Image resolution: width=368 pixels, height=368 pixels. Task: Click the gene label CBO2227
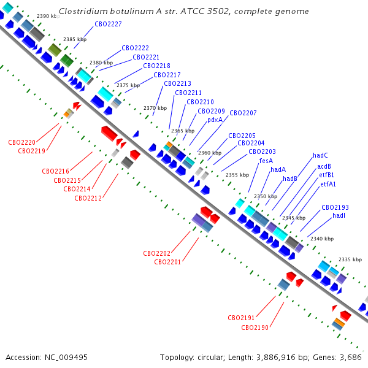tap(108, 24)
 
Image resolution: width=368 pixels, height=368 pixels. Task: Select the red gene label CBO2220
tap(21, 142)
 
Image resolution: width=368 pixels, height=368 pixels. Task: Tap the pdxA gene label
tap(215, 120)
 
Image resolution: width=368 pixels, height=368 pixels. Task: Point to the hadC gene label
tap(320, 155)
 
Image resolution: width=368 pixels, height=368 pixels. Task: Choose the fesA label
tap(266, 161)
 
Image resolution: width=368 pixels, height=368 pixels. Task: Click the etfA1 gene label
tap(328, 184)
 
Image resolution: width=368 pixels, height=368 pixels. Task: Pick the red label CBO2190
tap(255, 328)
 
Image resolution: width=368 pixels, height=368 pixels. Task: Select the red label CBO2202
tap(156, 253)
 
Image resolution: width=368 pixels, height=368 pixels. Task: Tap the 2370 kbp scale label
tap(155, 108)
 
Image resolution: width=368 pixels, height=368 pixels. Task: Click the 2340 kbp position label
tap(322, 239)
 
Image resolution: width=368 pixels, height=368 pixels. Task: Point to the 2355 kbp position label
tap(237, 175)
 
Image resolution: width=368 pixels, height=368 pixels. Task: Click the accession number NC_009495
tap(66, 358)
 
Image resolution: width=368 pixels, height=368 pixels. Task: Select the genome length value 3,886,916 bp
tap(276, 358)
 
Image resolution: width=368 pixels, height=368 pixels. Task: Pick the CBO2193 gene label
tap(335, 207)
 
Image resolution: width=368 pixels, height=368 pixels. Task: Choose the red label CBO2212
tap(88, 198)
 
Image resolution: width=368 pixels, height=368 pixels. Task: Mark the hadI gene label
tap(339, 215)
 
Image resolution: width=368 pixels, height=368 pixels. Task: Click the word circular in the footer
tap(211, 358)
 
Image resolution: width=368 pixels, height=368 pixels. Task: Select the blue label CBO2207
tap(243, 113)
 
